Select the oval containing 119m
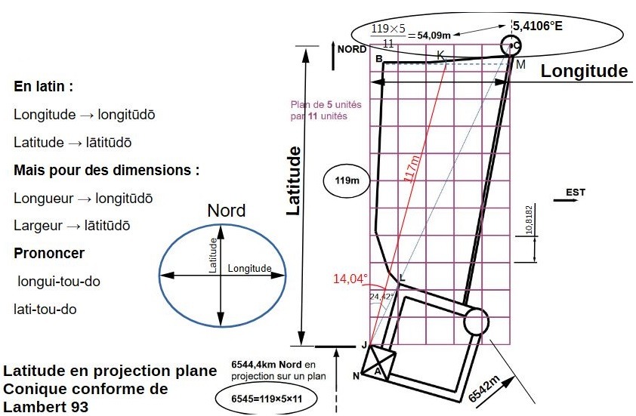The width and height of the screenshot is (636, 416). coord(347,180)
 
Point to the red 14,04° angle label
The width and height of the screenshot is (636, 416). coord(350,279)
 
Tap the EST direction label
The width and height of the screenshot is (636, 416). coord(575,193)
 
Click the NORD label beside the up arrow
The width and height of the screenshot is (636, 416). coord(352,49)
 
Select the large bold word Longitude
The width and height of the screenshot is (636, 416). coord(584,71)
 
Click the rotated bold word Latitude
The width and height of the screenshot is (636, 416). coord(295,181)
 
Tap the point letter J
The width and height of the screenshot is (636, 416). coord(364,345)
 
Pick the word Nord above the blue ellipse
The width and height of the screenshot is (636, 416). coord(227,211)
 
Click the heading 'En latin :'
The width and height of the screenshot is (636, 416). coord(43,86)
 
